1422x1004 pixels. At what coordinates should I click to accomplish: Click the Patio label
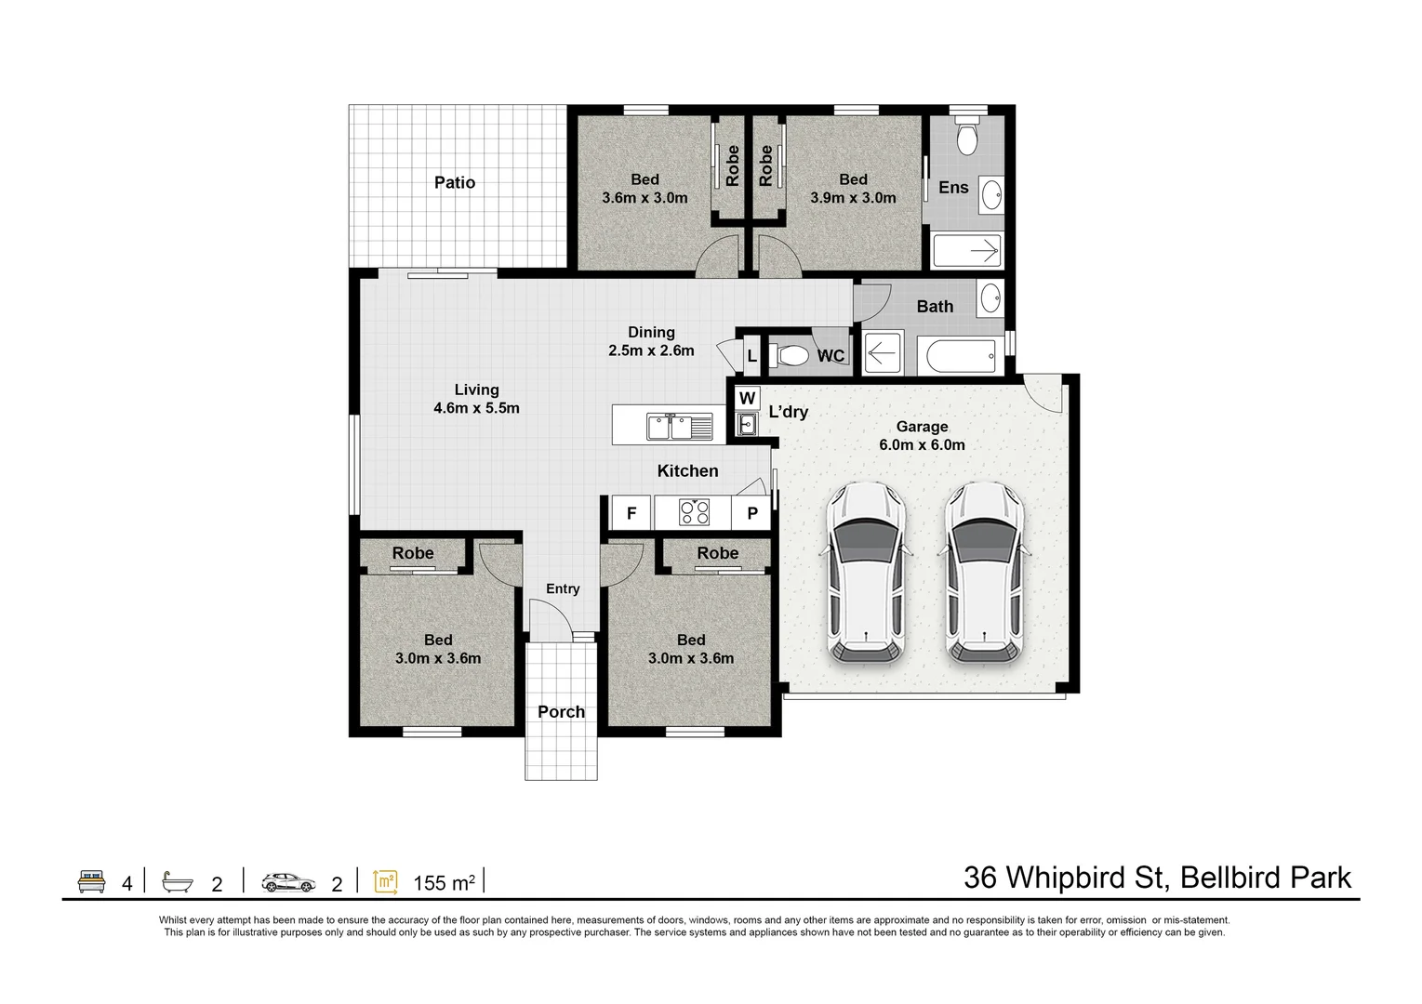pyautogui.click(x=455, y=182)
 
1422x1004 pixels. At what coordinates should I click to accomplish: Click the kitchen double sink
pyautogui.click(x=679, y=427)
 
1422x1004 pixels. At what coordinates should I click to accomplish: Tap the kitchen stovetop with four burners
pyautogui.click(x=694, y=512)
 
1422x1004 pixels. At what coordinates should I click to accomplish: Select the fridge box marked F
pyautogui.click(x=631, y=512)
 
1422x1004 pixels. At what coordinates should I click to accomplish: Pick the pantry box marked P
pyautogui.click(x=752, y=512)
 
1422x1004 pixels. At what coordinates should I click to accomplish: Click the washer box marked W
pyautogui.click(x=747, y=398)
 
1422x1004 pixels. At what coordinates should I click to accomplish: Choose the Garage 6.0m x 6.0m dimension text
pyautogui.click(x=922, y=436)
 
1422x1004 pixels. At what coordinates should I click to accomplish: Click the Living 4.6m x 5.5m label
pyautogui.click(x=476, y=399)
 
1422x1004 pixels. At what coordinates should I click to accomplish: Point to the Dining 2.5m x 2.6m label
pyautogui.click(x=651, y=341)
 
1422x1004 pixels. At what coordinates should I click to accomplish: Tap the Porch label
pyautogui.click(x=561, y=712)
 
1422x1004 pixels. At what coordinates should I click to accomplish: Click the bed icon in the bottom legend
pyautogui.click(x=91, y=881)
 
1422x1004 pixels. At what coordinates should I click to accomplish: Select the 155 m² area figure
pyautogui.click(x=444, y=882)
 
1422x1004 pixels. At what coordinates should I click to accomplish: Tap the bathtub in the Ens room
pyautogui.click(x=966, y=250)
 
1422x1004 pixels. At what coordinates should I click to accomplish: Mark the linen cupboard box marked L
pyautogui.click(x=751, y=356)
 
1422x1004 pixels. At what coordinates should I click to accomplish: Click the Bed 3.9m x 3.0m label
pyautogui.click(x=853, y=189)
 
